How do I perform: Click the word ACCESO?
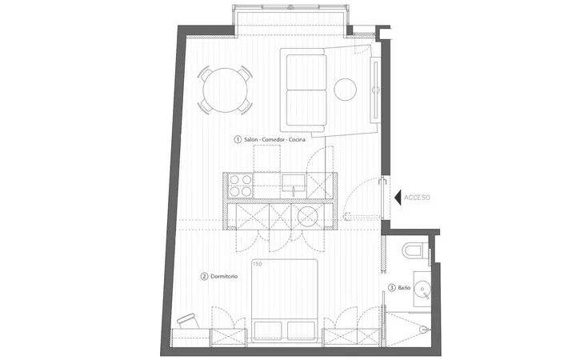coord(417,198)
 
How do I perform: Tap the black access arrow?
coord(398,198)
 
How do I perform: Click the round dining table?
coord(225,90)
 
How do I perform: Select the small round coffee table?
coord(345,90)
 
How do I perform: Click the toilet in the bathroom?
coord(414,251)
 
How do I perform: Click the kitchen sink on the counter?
coord(294,183)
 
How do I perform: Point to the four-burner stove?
coord(241,186)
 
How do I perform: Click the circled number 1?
coord(238,139)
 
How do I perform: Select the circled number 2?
coord(204,276)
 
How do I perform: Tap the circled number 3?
coord(392,288)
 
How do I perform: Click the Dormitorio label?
coord(224,276)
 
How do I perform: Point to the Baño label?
coord(404,288)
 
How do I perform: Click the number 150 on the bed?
coord(258,264)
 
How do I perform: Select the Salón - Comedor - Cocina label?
coord(274,139)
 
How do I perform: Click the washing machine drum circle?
coord(307,216)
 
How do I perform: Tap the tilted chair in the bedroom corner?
coord(188,321)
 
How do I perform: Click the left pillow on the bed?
coord(268,330)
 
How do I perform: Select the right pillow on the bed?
coord(302,330)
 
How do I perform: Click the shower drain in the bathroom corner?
coord(423,330)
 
